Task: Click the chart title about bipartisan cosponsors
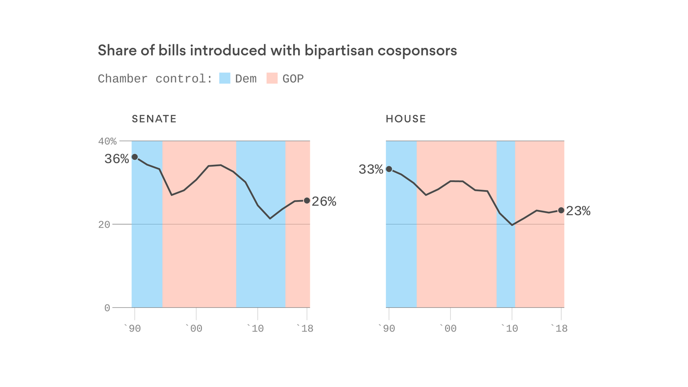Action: coord(277,50)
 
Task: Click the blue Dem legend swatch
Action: coord(225,78)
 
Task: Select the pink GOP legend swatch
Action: coord(272,78)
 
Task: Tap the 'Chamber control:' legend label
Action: coord(155,79)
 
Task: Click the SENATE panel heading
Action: coord(154,119)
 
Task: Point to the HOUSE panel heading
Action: coord(405,119)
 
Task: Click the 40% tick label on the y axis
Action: coord(107,141)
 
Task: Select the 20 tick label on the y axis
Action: coord(104,224)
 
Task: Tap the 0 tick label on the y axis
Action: coord(107,308)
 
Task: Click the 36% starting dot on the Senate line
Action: coord(134,157)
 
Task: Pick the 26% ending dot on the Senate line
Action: coord(307,201)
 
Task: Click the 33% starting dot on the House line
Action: coord(389,169)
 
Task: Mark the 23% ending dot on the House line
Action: coord(561,210)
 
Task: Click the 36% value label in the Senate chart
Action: coord(117,159)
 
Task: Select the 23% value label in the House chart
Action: coord(578,211)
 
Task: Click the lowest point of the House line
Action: coord(512,225)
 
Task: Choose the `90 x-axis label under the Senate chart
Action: coord(132,329)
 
